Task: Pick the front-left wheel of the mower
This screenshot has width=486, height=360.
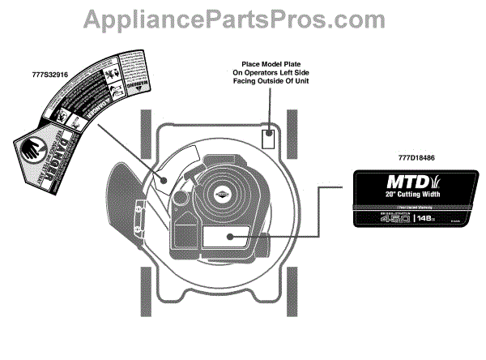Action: (x=146, y=134)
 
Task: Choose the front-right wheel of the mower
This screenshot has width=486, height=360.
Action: (x=293, y=134)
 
